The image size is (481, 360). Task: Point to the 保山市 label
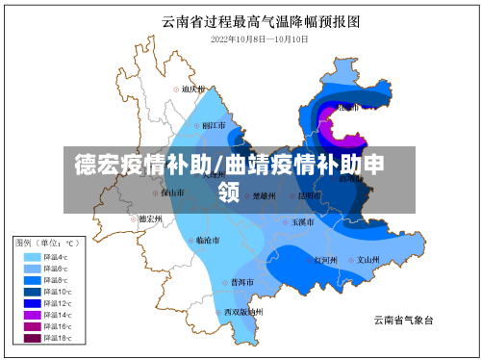click(173, 193)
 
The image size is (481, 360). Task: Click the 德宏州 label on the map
click(149, 219)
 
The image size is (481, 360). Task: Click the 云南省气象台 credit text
click(403, 319)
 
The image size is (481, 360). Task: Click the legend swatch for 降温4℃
click(32, 257)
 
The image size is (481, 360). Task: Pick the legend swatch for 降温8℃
click(32, 280)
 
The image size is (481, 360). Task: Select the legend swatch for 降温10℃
click(32, 292)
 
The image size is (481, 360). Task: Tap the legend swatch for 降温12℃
click(32, 303)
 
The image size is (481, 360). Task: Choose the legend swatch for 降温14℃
click(32, 315)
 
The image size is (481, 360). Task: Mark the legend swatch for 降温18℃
click(32, 338)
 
